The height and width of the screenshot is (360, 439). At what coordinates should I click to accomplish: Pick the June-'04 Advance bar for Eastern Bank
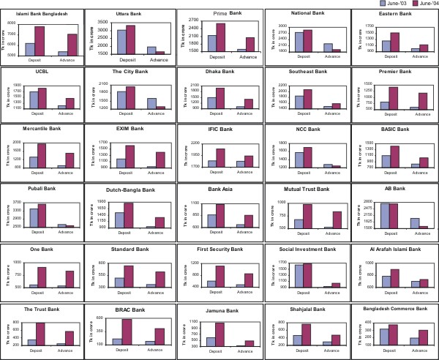pyautogui.click(x=403, y=48)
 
